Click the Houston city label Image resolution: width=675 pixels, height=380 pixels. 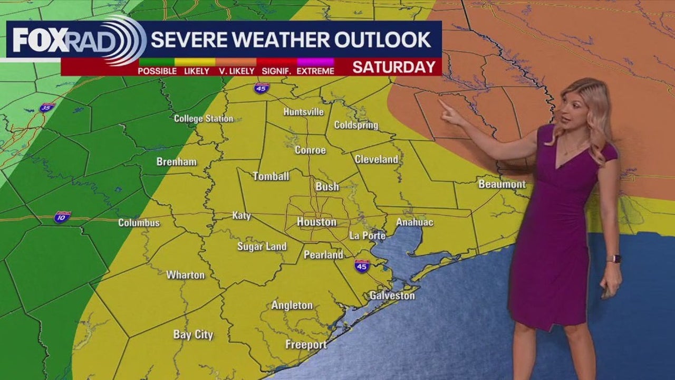[x=316, y=222]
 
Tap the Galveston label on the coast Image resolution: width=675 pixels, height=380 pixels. [x=392, y=296]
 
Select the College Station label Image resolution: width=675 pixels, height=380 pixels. [x=204, y=119]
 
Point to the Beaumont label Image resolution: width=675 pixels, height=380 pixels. [x=502, y=184]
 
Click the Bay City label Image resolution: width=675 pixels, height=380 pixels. [x=193, y=335]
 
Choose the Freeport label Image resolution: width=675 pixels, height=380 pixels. [x=306, y=345]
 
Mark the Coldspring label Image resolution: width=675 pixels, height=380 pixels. [x=356, y=125]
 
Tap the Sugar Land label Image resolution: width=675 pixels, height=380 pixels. [x=262, y=246]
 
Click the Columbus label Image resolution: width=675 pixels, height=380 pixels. [x=139, y=223]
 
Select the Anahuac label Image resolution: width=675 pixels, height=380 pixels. [x=414, y=222]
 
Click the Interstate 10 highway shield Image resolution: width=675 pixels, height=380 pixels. [x=62, y=217]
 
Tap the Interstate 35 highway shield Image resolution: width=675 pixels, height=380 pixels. [x=47, y=107]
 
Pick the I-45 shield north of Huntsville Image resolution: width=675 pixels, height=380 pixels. [x=262, y=88]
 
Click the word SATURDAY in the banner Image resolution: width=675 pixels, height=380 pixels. [x=394, y=67]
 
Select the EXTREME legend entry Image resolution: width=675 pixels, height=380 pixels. [x=315, y=71]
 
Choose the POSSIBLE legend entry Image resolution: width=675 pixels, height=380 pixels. [x=157, y=71]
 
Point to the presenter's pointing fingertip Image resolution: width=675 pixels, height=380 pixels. [x=441, y=101]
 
